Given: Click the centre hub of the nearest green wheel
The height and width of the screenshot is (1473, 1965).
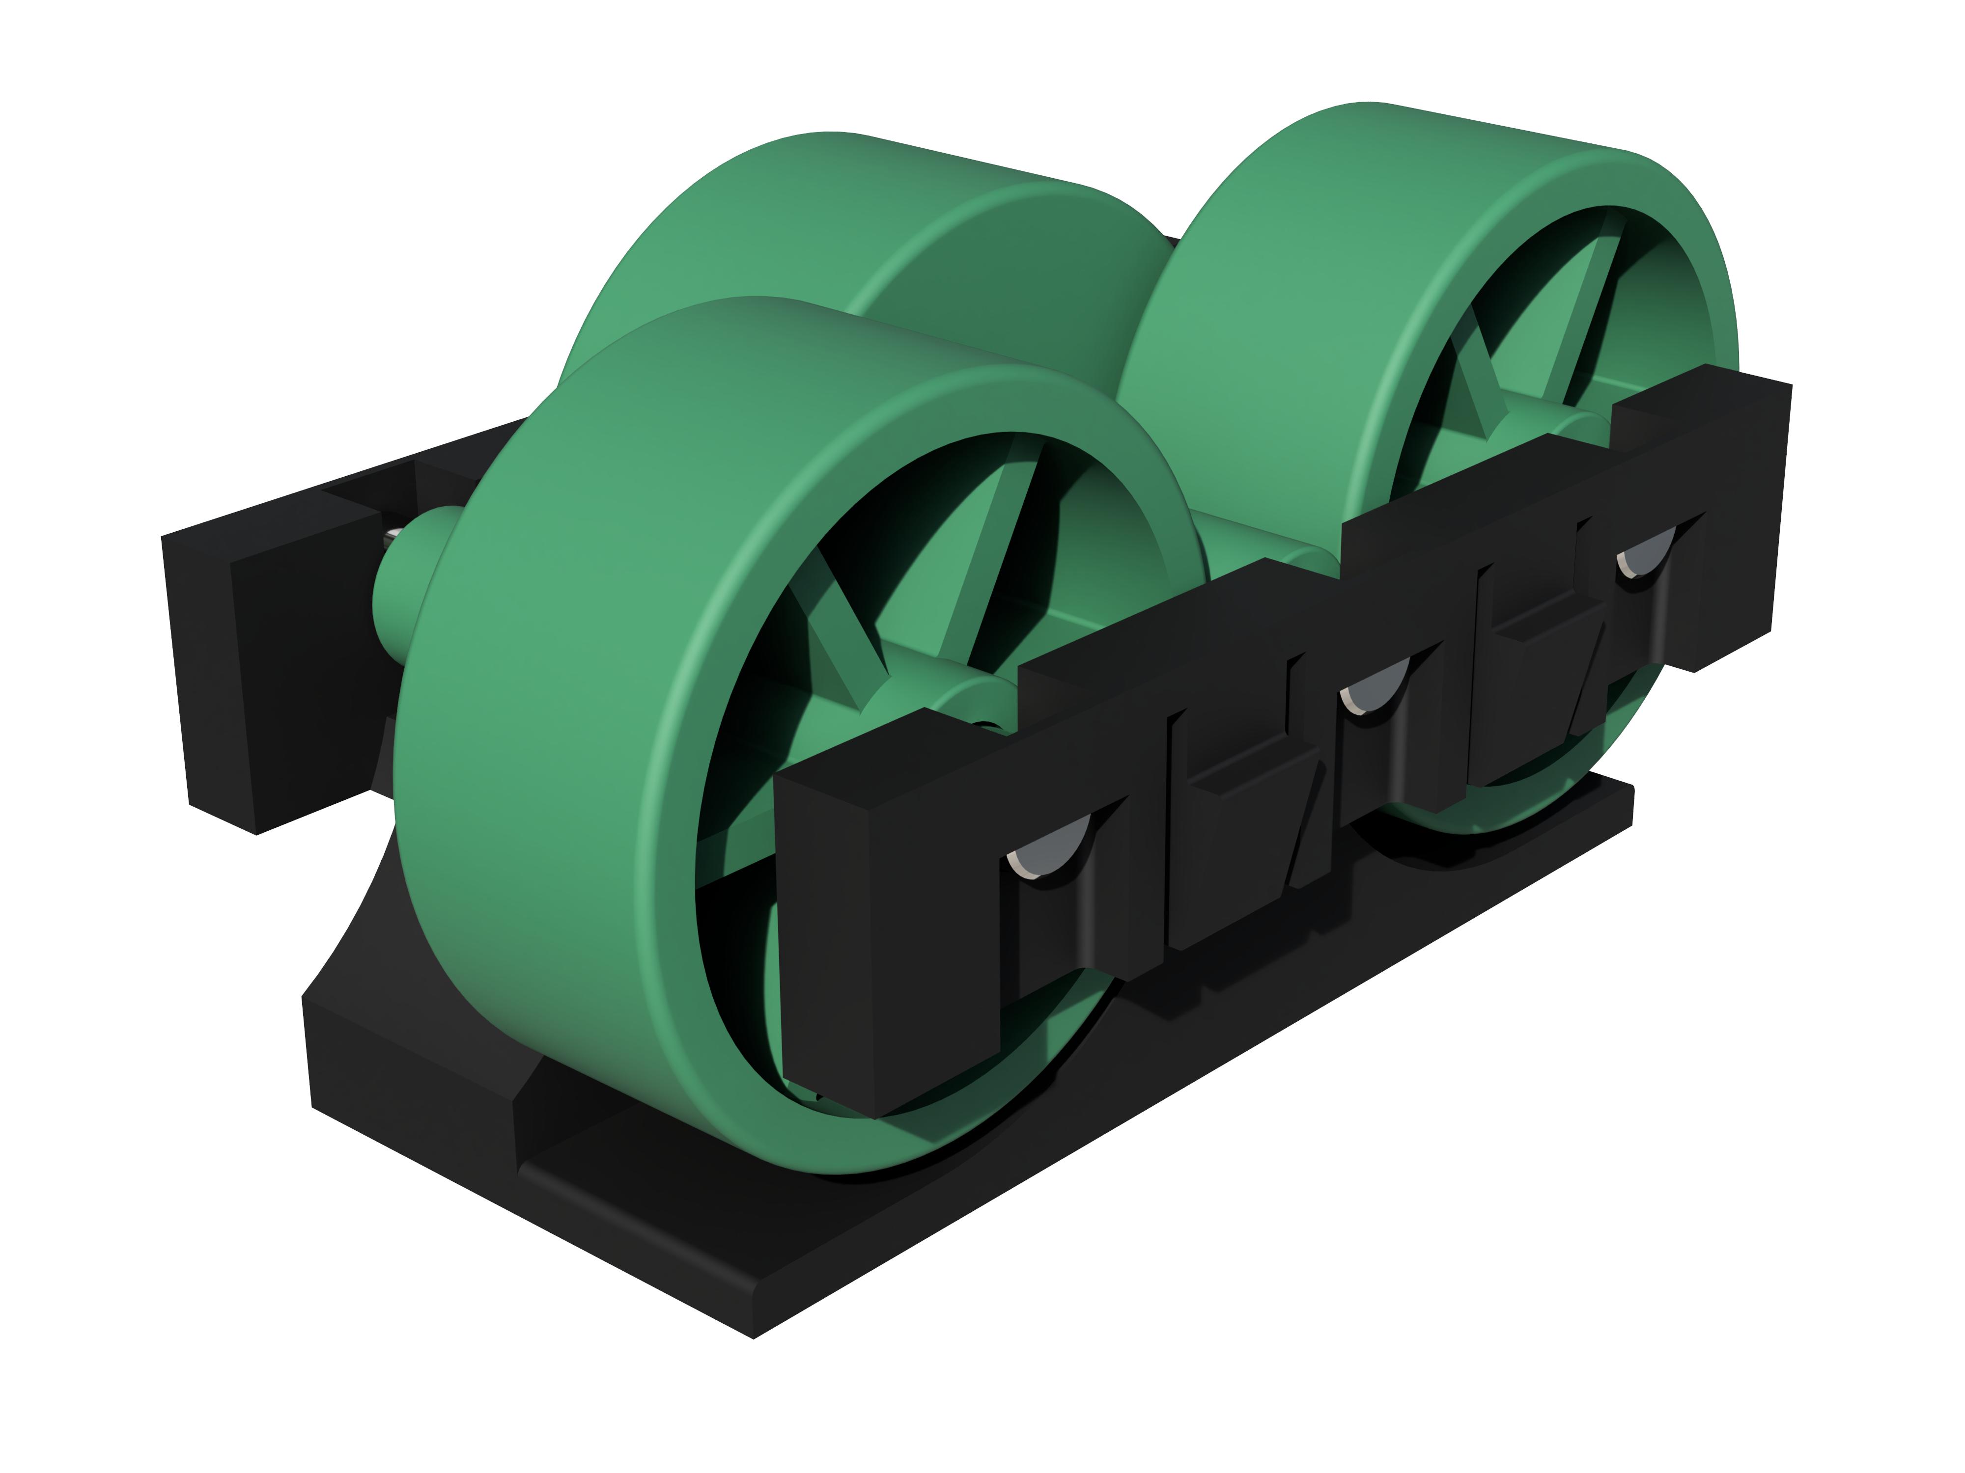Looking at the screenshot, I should coord(915,710).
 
